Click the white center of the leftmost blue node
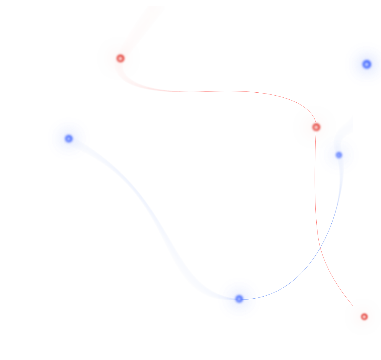[69, 138]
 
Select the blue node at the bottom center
[239, 299]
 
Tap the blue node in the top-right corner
[366, 64]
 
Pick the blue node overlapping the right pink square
[339, 155]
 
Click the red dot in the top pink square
[120, 58]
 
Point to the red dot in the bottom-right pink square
[364, 317]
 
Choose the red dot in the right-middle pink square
[316, 127]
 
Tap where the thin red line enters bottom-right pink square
[353, 305]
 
